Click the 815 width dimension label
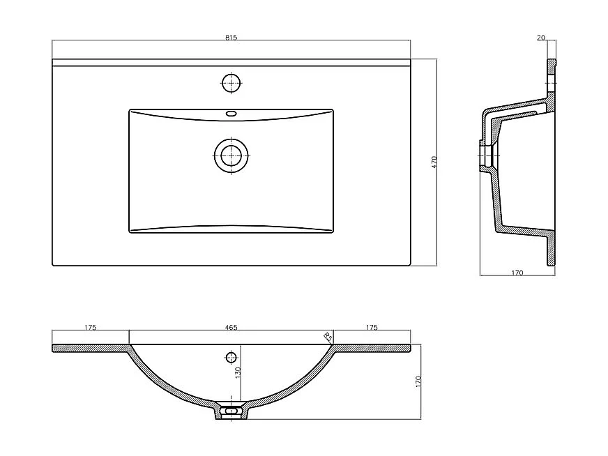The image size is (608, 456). click(x=231, y=38)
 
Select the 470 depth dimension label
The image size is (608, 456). click(x=434, y=163)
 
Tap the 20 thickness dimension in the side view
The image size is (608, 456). click(x=541, y=38)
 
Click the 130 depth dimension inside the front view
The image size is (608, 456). click(x=238, y=374)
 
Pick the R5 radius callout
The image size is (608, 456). click(x=328, y=337)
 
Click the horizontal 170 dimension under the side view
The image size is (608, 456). click(x=517, y=273)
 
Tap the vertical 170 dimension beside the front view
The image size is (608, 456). click(x=418, y=381)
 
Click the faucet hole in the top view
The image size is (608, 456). click(x=231, y=83)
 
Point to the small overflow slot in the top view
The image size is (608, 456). click(x=231, y=113)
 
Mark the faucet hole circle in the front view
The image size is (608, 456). click(x=231, y=358)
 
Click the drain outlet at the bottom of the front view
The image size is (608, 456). click(x=231, y=411)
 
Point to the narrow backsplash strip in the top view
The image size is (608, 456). click(x=231, y=63)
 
